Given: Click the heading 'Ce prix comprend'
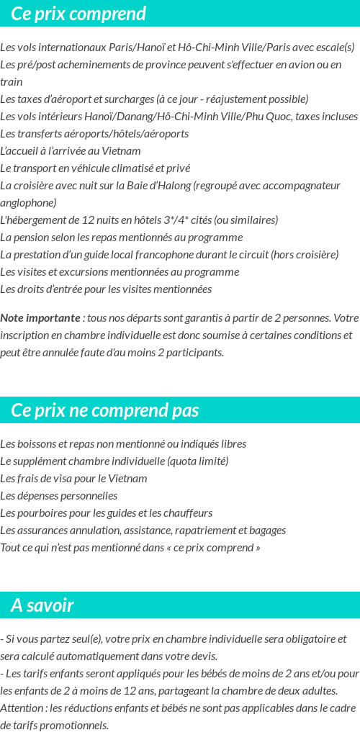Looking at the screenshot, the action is tap(78, 14).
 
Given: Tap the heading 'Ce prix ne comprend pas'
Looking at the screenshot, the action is tap(105, 410).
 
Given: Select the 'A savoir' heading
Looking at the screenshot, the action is tap(42, 605).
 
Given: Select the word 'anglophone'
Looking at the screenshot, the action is tap(28, 203).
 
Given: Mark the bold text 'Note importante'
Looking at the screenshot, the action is tap(40, 318).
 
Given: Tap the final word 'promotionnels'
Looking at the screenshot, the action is tap(75, 725).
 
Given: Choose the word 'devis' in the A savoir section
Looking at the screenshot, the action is tap(202, 656).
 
